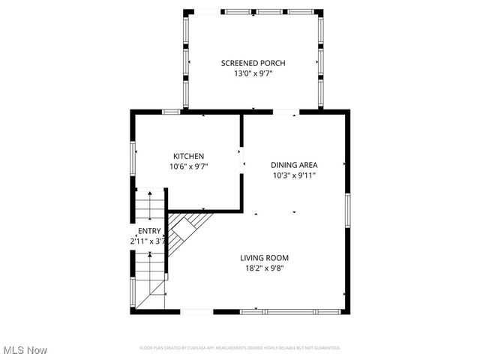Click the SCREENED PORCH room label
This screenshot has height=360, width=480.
253,63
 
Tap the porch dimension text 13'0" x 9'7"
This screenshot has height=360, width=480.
253,74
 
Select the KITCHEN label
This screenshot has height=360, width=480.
189,156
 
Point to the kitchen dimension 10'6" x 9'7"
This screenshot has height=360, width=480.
189,166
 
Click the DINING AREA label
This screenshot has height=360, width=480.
295,165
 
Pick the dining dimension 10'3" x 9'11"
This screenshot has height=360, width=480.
295,175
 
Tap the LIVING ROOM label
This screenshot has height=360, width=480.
264,257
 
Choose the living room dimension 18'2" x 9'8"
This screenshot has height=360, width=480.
264,268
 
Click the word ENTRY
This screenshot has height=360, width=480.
148,231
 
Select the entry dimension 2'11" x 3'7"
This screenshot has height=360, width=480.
147,241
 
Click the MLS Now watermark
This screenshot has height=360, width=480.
25,350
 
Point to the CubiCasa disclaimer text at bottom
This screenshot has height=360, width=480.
240,348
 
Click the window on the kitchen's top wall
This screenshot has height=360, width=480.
172,112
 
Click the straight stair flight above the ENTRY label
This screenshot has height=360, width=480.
150,207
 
